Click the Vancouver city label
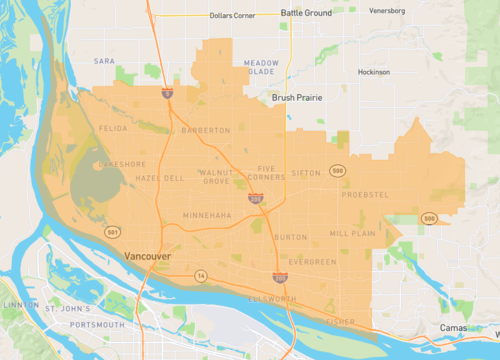(x=148, y=257)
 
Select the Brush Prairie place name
(x=298, y=98)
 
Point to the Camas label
(x=453, y=328)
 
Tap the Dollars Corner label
(x=232, y=16)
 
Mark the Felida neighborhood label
(x=113, y=130)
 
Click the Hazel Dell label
(x=159, y=177)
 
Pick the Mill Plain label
(x=352, y=233)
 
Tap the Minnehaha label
(x=206, y=216)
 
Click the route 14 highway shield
(x=201, y=275)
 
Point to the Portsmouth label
(x=97, y=325)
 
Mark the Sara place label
(x=104, y=61)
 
